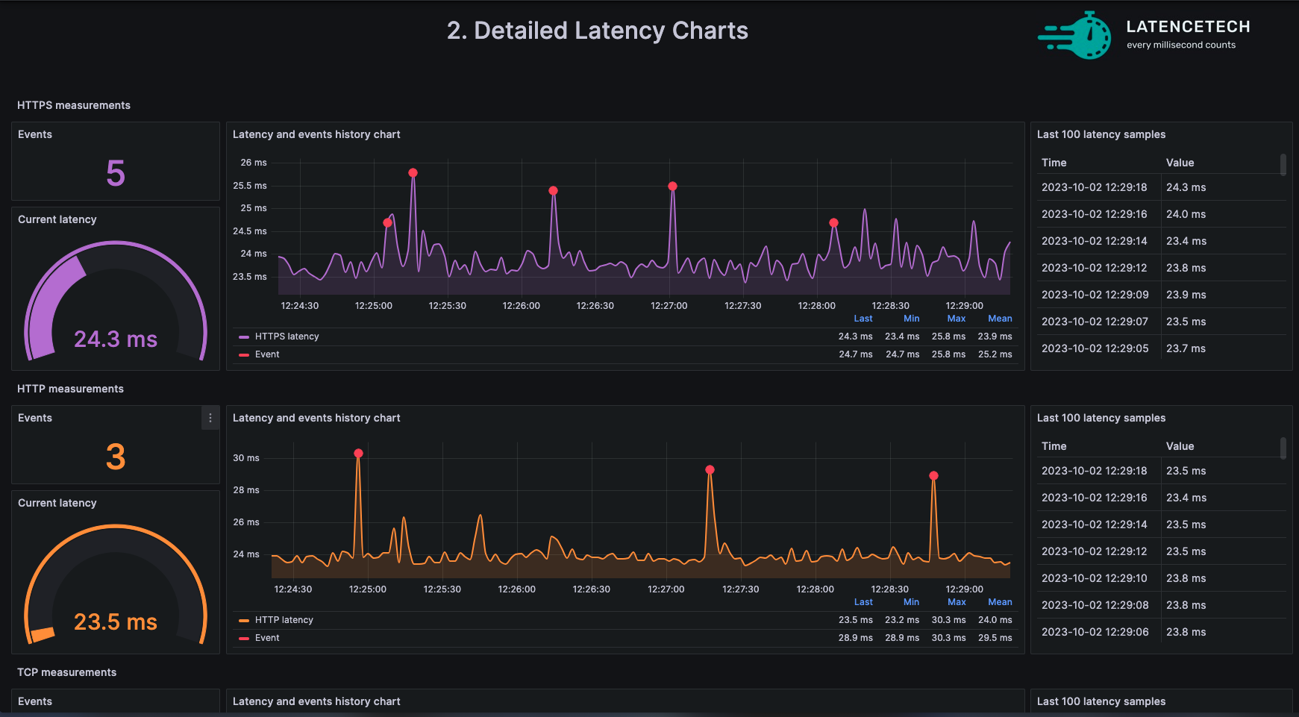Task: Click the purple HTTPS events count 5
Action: coord(116,173)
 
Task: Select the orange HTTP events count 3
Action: coord(116,457)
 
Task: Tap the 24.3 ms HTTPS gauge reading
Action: coord(116,339)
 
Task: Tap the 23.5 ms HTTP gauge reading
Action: coord(116,622)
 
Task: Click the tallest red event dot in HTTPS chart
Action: coord(413,173)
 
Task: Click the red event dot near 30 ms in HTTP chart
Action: coord(358,454)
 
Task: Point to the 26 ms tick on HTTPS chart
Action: coord(253,163)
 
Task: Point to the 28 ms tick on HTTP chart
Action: coord(245,490)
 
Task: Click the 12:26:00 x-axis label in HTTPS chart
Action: coord(521,306)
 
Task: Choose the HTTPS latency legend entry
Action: coord(287,336)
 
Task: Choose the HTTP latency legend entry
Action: coord(284,620)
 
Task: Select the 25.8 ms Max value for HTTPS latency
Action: coord(948,336)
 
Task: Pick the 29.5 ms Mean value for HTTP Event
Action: coord(995,638)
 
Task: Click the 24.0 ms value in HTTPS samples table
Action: coord(1186,214)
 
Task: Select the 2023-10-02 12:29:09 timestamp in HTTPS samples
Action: coord(1095,295)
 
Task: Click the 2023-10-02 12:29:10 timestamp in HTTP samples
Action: coord(1095,578)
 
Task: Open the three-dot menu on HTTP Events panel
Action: coord(210,418)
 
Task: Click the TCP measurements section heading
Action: coord(67,672)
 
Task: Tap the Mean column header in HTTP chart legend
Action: coord(1000,602)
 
